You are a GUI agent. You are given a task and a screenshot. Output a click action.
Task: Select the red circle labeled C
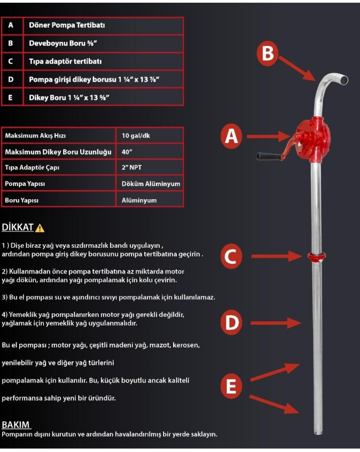coord(230,257)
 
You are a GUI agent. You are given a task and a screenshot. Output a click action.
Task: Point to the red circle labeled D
coord(231,322)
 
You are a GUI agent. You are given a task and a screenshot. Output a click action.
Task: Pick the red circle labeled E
coord(231,386)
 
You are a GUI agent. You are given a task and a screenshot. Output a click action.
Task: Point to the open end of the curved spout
coord(345,80)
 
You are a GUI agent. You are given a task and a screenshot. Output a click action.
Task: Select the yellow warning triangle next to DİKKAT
coord(40,228)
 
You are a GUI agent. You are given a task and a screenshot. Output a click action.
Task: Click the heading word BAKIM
coord(17,425)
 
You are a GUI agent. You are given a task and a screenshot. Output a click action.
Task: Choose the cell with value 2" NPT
coord(132,168)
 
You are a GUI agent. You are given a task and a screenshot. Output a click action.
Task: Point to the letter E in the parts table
coord(11,98)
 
